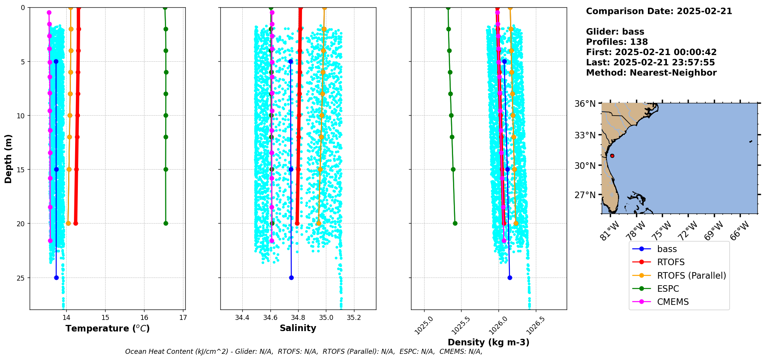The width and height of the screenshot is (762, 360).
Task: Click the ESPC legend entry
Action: point(668,289)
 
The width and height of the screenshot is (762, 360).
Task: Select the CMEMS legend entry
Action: point(673,302)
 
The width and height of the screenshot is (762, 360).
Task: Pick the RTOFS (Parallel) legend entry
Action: point(692,276)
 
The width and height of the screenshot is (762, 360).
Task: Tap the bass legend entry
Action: point(667,249)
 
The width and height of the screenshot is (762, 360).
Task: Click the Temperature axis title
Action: point(107,328)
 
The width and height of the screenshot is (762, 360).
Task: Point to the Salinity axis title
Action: point(298,328)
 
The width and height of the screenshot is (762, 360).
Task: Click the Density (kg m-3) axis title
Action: point(488,342)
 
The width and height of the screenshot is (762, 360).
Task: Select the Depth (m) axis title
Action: point(8,159)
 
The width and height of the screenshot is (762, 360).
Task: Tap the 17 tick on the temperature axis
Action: point(183,318)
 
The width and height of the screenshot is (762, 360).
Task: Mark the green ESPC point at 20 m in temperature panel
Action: point(166,223)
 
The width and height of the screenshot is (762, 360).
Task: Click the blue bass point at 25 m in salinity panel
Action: point(291,278)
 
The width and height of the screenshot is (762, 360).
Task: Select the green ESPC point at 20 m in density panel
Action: point(455,223)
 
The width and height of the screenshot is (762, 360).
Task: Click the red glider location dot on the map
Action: point(612,156)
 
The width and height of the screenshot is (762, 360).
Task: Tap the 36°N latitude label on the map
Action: point(585,104)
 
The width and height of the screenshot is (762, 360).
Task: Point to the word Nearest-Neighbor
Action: point(673,73)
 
